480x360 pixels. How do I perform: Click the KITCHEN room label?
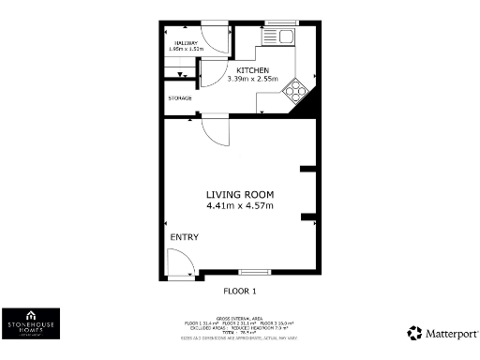[253, 70]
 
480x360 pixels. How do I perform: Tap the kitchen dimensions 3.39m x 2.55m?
[253, 81]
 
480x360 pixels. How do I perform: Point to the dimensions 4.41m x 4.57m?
[240, 205]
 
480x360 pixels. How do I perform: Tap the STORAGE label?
[180, 97]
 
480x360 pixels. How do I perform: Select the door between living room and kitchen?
[215, 130]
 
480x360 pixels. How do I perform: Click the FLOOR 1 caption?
[241, 291]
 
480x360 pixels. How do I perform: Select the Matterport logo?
[443, 333]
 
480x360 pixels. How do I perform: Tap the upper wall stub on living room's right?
[307, 170]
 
